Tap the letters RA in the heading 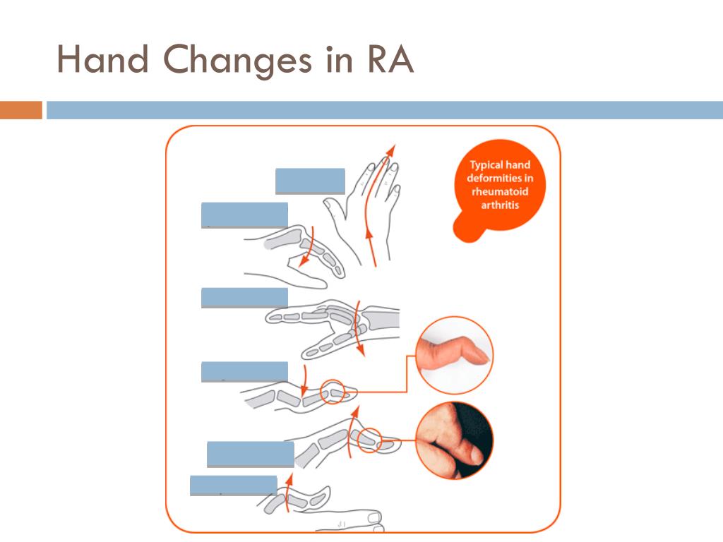(x=389, y=60)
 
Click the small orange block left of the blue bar (x=21, y=111)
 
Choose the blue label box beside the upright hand (x=310, y=181)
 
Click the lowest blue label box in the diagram (x=233, y=486)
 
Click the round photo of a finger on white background (x=454, y=355)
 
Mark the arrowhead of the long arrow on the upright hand (x=390, y=150)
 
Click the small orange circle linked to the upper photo (x=333, y=392)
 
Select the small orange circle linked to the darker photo (x=369, y=440)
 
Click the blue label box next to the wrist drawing (x=244, y=298)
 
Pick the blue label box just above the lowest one (x=250, y=454)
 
